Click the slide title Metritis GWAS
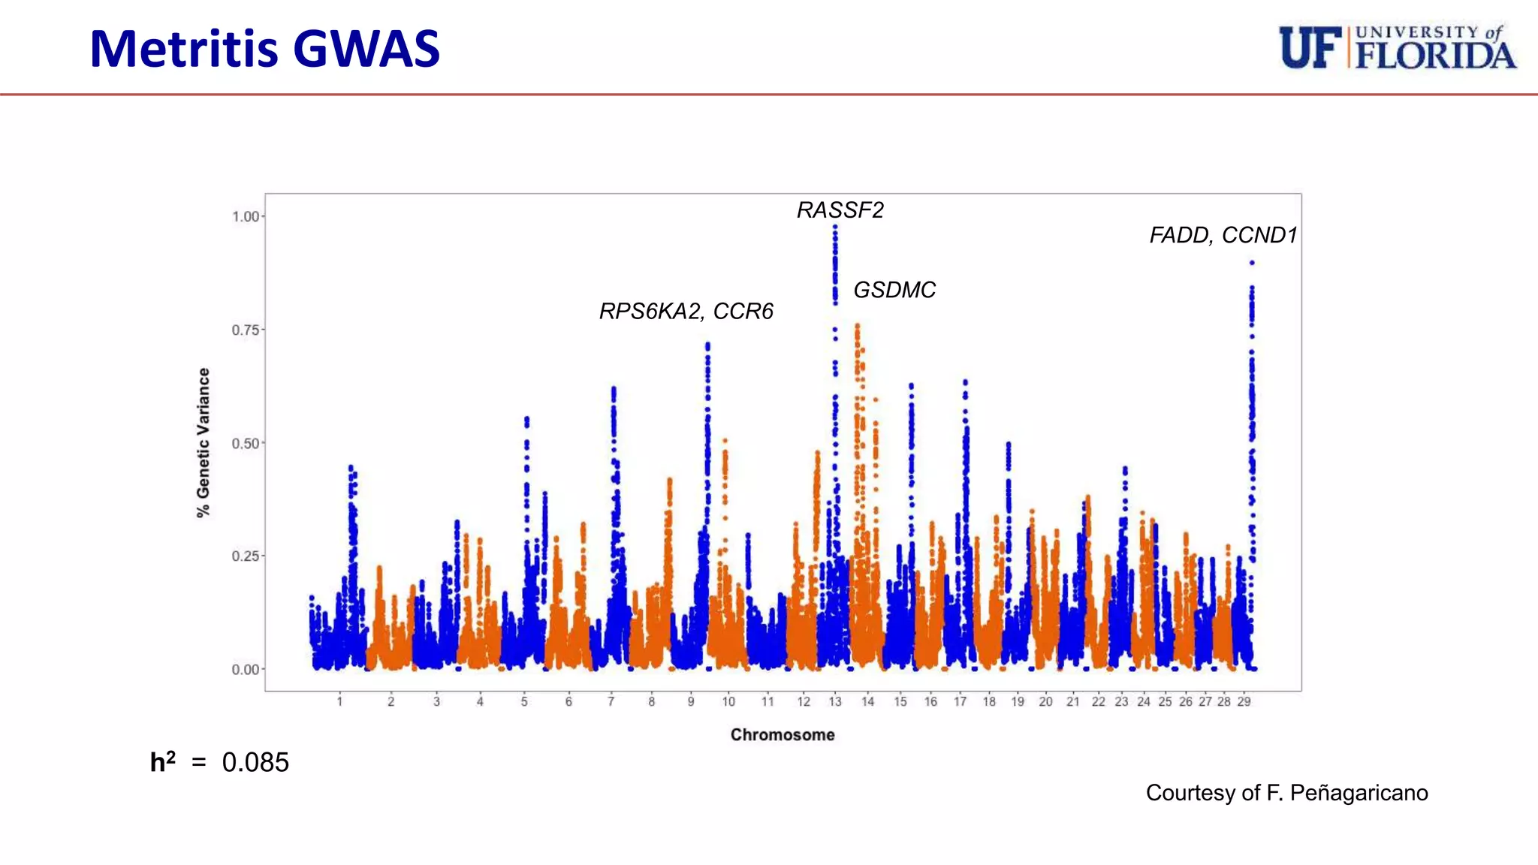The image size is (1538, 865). tap(264, 50)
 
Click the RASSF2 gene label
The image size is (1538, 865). tap(840, 210)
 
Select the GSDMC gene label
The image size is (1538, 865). tap(894, 290)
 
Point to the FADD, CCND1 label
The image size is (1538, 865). tap(1223, 236)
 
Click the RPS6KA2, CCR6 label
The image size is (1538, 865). tap(686, 311)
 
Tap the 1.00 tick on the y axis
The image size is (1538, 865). tap(245, 217)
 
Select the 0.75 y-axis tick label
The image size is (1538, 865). tap(245, 330)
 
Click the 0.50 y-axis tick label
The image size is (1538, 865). tap(245, 444)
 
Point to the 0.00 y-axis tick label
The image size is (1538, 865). tap(245, 670)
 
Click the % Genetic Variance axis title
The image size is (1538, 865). tap(204, 442)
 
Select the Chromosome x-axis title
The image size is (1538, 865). tap(783, 735)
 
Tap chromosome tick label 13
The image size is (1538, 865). tap(835, 702)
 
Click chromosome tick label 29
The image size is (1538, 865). tap(1244, 702)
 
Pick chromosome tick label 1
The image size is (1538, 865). tap(339, 702)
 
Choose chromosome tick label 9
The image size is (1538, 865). tap(691, 702)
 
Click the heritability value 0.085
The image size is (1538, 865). tap(255, 763)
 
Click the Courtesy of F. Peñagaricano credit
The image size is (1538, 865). tap(1286, 793)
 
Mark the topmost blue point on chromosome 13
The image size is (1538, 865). tap(835, 227)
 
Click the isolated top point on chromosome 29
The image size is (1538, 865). tap(1252, 263)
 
